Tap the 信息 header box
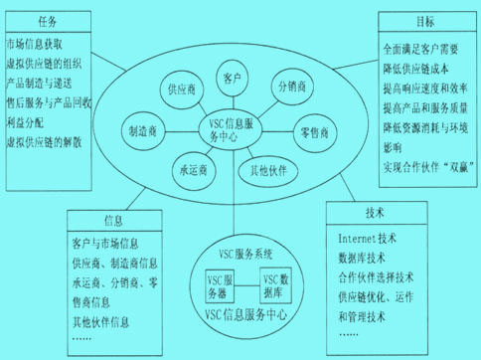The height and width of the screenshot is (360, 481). click(112, 220)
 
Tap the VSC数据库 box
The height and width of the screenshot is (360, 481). click(276, 286)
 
